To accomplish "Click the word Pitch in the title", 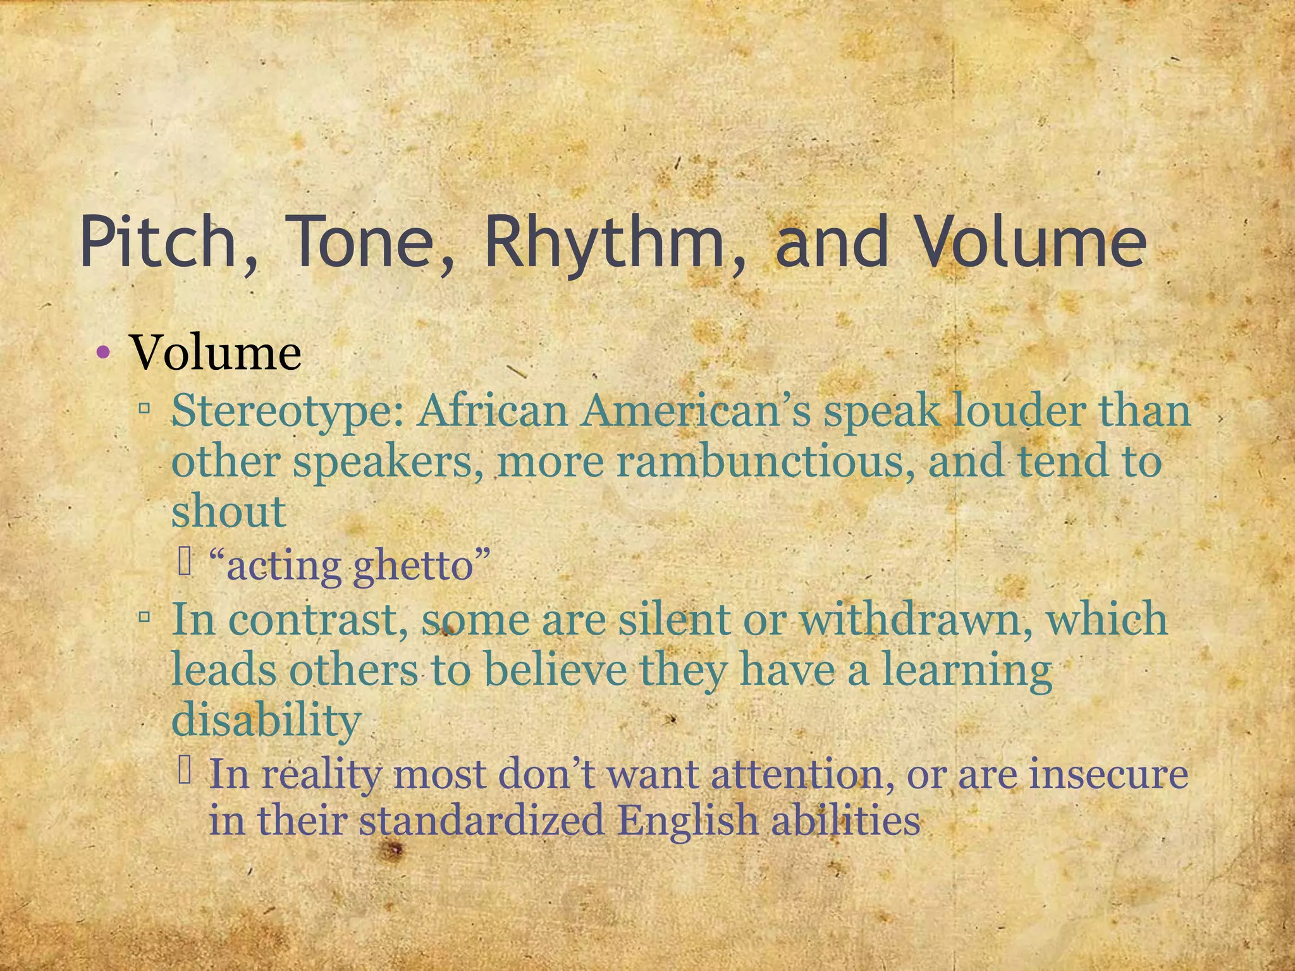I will tap(158, 241).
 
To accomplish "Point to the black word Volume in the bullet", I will tap(215, 352).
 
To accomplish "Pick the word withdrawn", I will tap(910, 619).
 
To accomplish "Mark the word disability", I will tap(266, 721).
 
